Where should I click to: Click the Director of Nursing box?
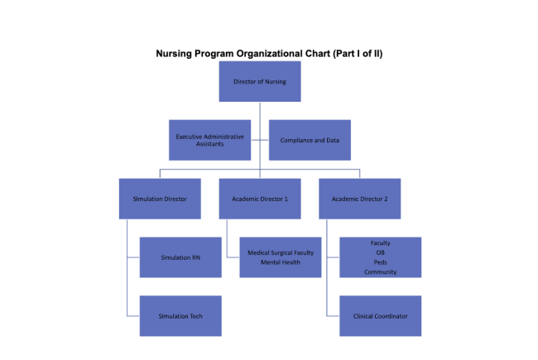tap(260, 82)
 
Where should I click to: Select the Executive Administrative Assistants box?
tap(209, 140)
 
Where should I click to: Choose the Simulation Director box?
tap(160, 199)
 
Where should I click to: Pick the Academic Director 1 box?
tap(260, 199)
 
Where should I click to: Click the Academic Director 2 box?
tap(359, 199)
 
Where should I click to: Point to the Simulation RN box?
tap(180, 257)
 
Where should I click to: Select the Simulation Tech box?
tap(180, 316)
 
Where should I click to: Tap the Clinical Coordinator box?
tap(380, 316)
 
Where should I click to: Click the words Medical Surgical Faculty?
tap(280, 252)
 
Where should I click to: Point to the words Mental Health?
tap(280, 262)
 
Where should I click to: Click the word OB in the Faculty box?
tap(380, 252)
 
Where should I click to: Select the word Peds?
tap(380, 262)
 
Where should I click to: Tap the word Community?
tap(380, 271)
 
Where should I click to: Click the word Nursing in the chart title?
tap(175, 53)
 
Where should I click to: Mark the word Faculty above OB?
tap(380, 243)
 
